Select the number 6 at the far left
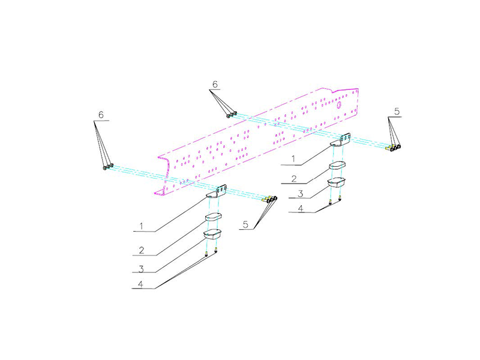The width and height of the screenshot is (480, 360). pyautogui.click(x=101, y=114)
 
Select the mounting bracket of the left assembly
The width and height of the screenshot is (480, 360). pyautogui.click(x=217, y=191)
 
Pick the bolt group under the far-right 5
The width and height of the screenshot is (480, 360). pyautogui.click(x=394, y=147)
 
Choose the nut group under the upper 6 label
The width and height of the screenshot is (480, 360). pyautogui.click(x=232, y=114)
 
